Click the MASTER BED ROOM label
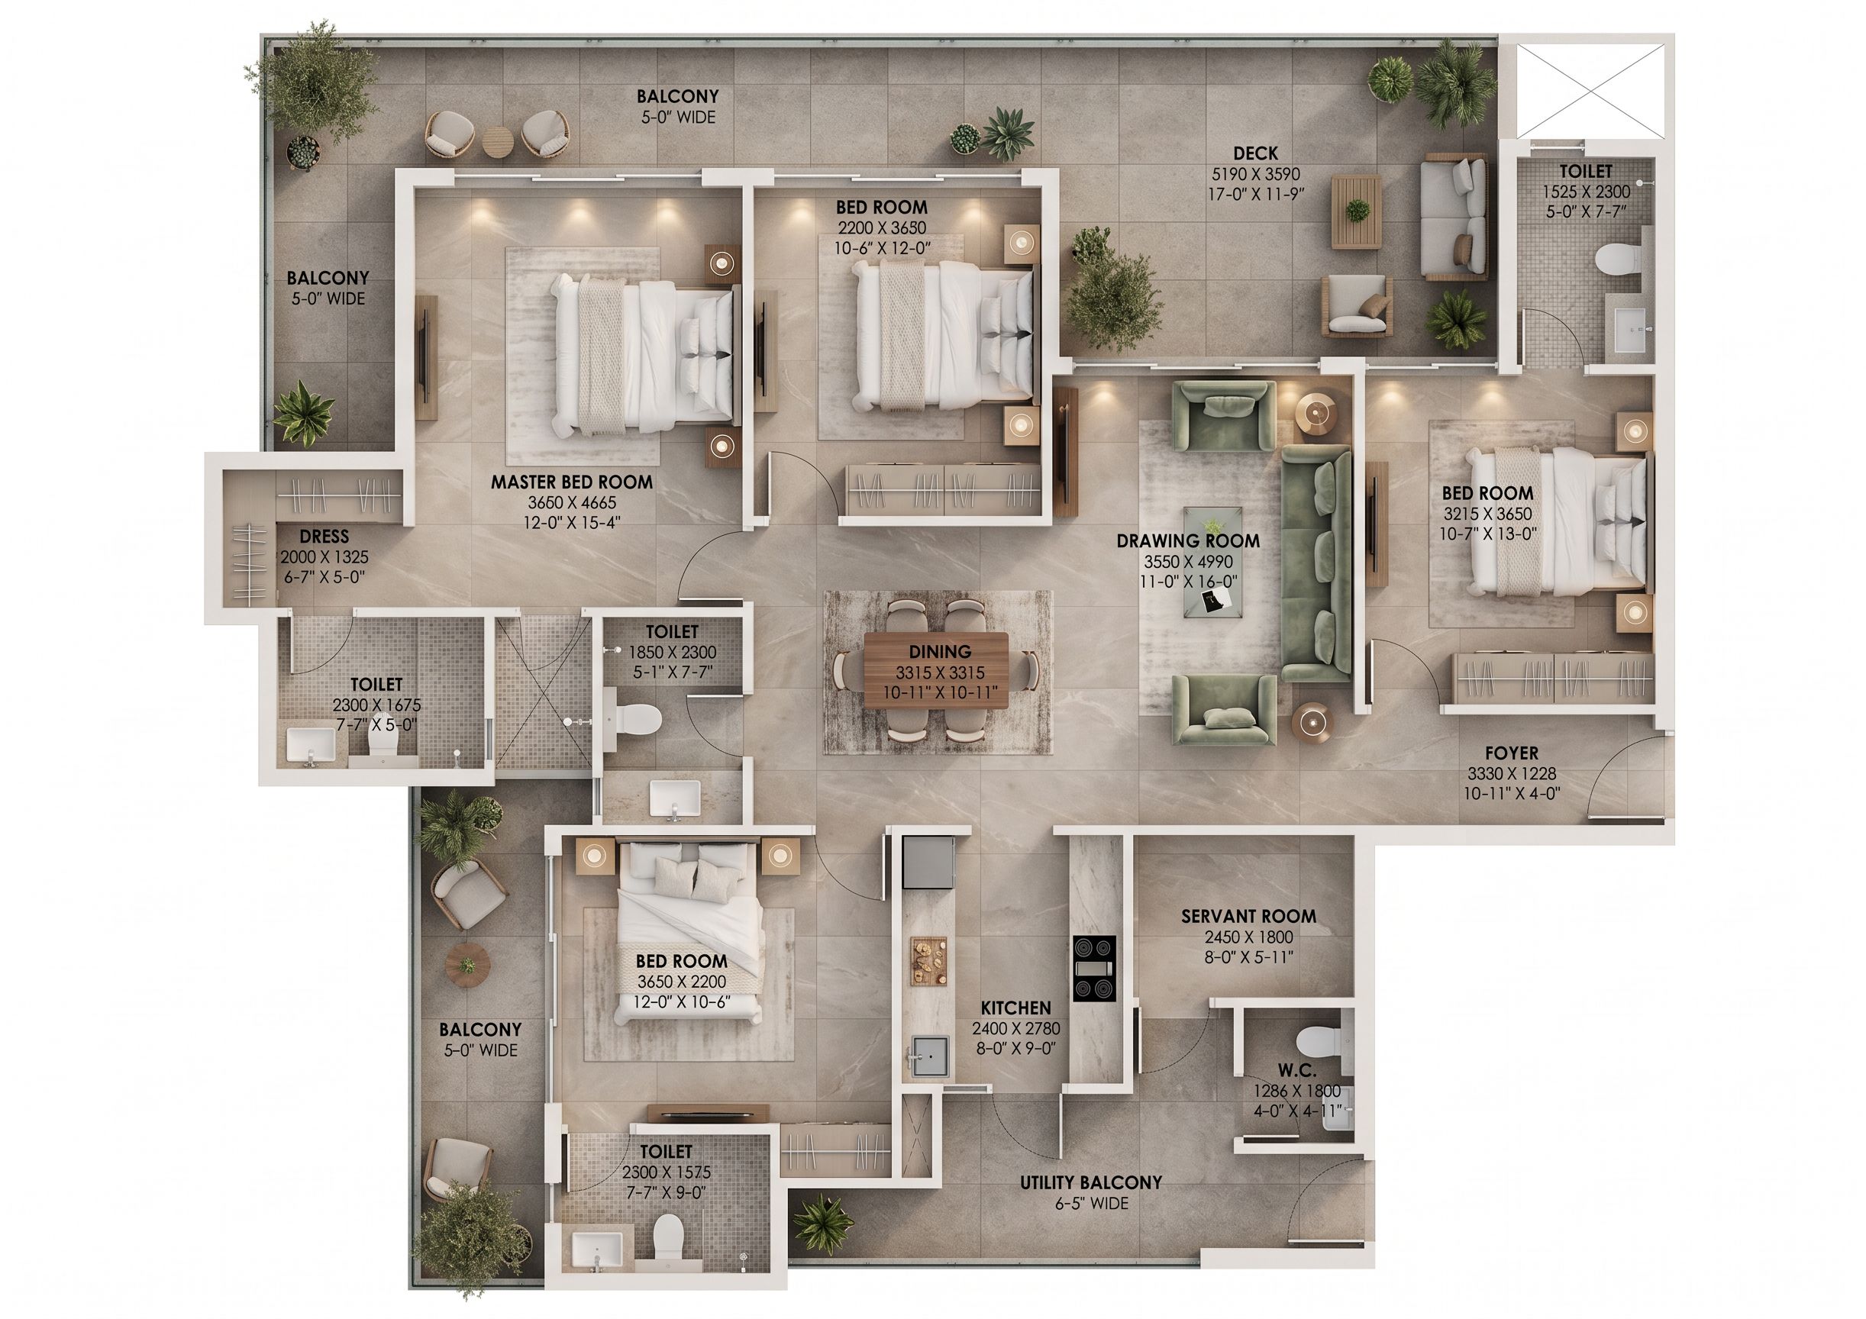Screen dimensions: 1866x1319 (x=571, y=482)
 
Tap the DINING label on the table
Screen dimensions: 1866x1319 (x=941, y=652)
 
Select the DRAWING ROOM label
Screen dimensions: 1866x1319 (x=1188, y=541)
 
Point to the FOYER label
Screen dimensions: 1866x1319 (x=1512, y=753)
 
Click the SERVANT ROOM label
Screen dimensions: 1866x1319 (x=1248, y=917)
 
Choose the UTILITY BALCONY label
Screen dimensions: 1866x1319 (x=1092, y=1183)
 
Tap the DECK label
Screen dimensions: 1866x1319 (x=1256, y=153)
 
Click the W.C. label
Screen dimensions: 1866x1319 (x=1296, y=1071)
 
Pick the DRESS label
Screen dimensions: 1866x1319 (x=324, y=537)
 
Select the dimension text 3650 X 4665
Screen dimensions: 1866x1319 (x=571, y=503)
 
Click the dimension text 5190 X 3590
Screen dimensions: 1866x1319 (x=1256, y=175)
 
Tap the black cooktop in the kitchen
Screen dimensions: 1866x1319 (x=1094, y=969)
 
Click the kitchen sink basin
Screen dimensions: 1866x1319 (x=930, y=1057)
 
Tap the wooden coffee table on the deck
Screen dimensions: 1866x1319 (x=1357, y=214)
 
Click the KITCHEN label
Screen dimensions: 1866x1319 (x=1016, y=1008)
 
